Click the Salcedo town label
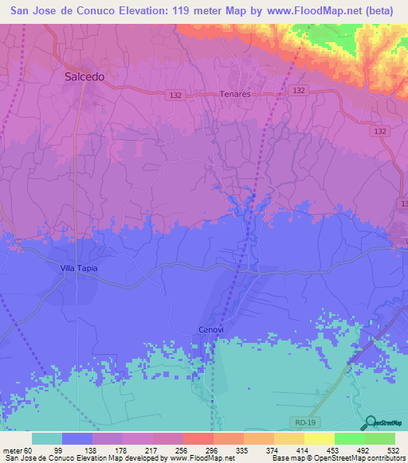pyautogui.click(x=84, y=77)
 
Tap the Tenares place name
pyautogui.click(x=235, y=94)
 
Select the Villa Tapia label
pyautogui.click(x=80, y=268)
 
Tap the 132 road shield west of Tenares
pyautogui.click(x=178, y=95)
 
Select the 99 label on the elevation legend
pyautogui.click(x=79, y=450)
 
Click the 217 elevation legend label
pyautogui.click(x=173, y=450)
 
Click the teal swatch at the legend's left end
pyautogui.click(x=47, y=438)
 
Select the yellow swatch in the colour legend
pyautogui.click(x=319, y=438)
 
